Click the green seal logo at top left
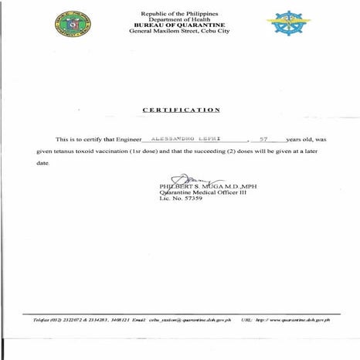pyautogui.click(x=70, y=24)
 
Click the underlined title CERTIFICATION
pyautogui.click(x=182, y=110)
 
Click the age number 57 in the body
pyautogui.click(x=263, y=138)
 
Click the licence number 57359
pyautogui.click(x=192, y=199)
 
